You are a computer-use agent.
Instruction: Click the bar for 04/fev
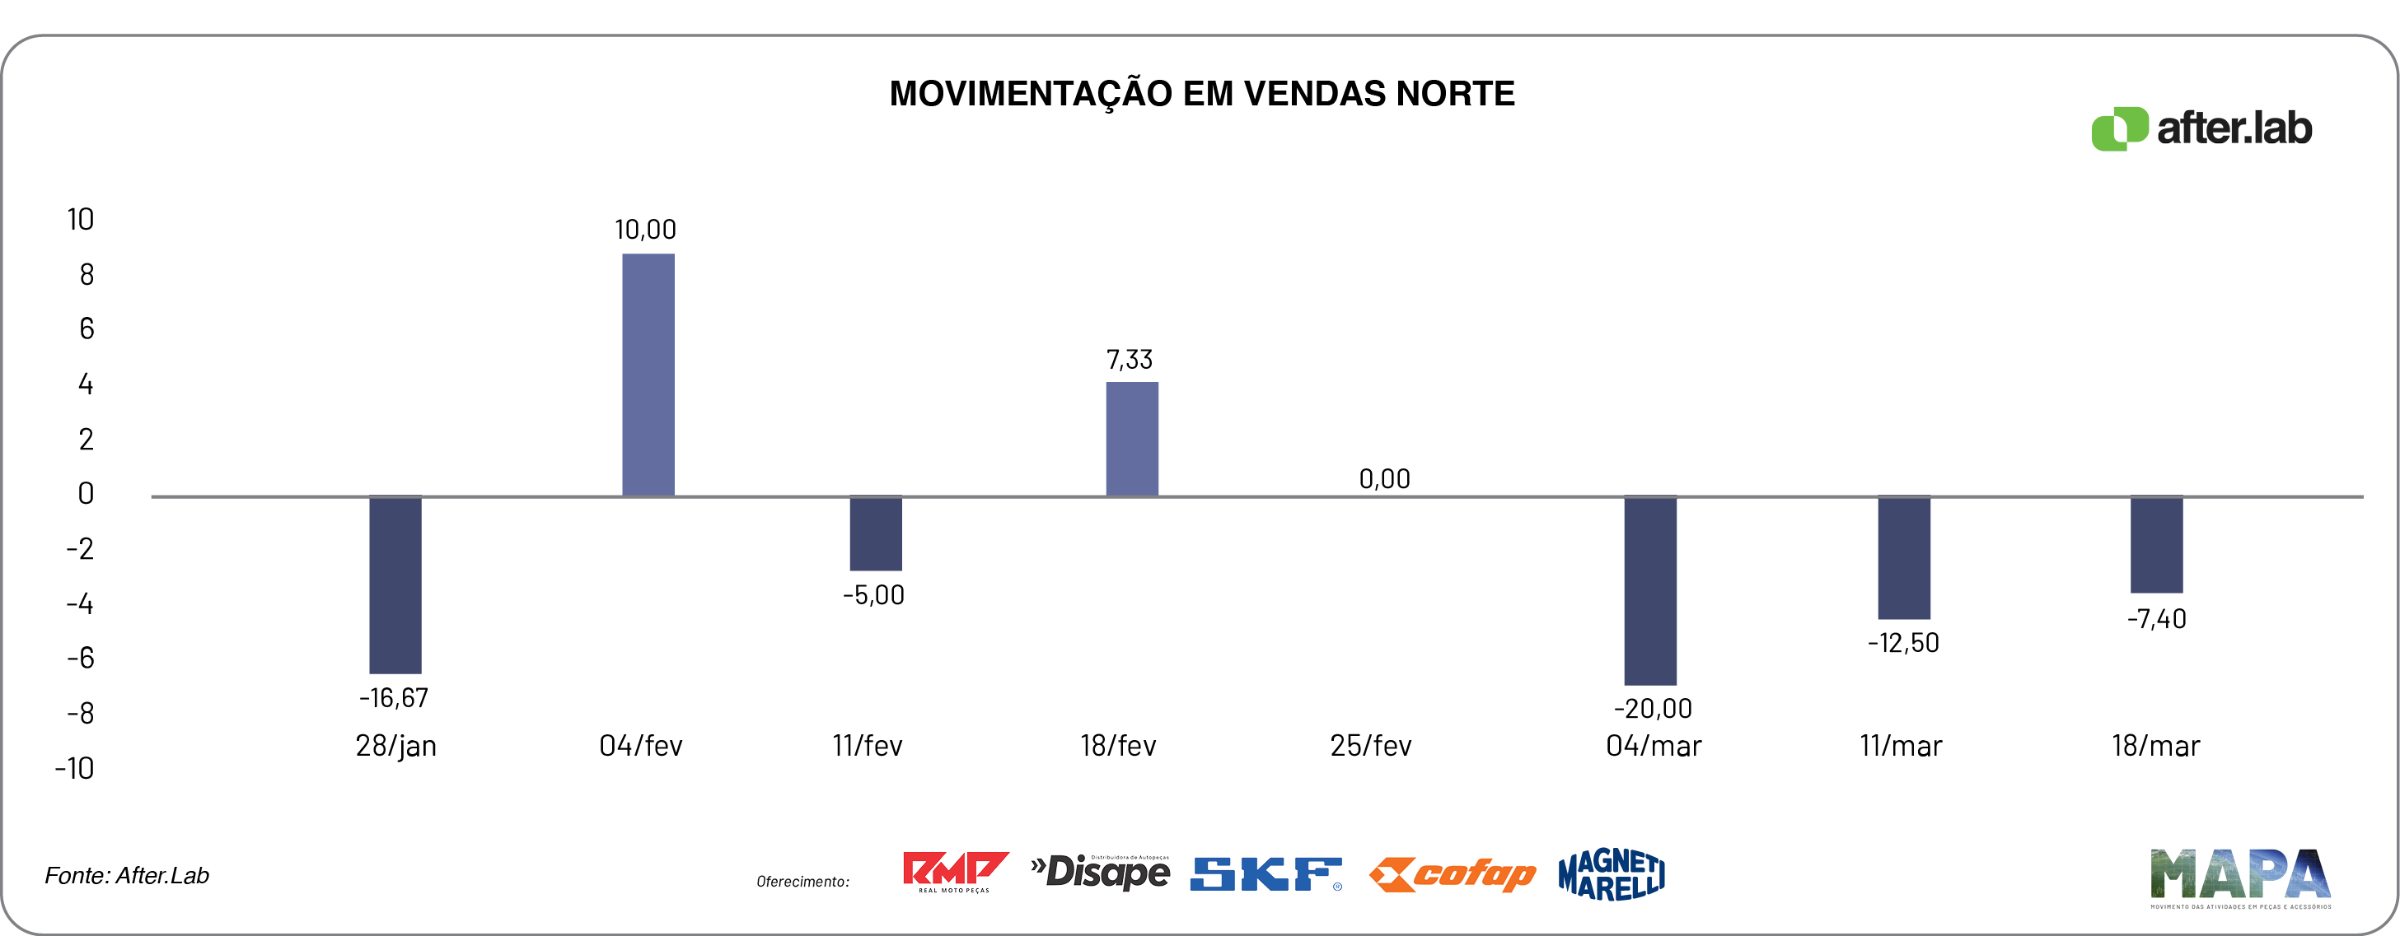[648, 375]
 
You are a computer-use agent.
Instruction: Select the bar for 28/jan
[395, 584]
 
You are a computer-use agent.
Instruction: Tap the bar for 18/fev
[1132, 439]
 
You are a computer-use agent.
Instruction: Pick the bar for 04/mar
[1650, 590]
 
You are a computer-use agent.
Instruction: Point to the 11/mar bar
[1903, 557]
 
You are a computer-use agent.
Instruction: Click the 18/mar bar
[2156, 544]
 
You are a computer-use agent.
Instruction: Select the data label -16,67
[394, 697]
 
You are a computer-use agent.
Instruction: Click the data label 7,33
[1130, 360]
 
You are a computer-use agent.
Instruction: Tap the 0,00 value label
[1384, 479]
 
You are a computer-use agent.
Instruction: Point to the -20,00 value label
[1653, 708]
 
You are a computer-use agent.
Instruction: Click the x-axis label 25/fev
[1370, 745]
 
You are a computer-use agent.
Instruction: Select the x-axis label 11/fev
[868, 745]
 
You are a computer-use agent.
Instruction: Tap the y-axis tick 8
[87, 274]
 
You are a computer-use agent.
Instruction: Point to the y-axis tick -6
[80, 659]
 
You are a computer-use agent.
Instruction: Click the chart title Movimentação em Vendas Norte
[1202, 94]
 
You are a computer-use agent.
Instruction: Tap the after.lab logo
[2201, 128]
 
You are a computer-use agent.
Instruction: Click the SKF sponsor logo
[1266, 873]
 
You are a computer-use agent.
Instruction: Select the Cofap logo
[1452, 874]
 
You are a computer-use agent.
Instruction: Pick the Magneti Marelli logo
[1612, 873]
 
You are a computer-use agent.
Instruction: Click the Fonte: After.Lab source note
[127, 875]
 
